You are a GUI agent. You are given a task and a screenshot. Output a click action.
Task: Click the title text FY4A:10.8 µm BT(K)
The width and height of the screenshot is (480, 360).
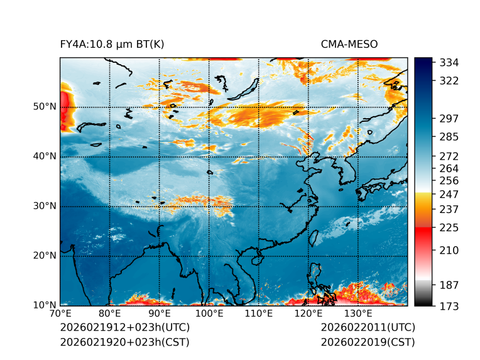(112, 45)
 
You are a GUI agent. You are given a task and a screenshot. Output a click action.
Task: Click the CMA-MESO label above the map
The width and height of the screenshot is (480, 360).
(349, 45)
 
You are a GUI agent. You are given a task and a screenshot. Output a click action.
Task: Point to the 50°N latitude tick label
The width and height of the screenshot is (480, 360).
(44, 107)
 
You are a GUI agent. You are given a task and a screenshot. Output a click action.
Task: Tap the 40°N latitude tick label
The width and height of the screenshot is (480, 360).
(44, 156)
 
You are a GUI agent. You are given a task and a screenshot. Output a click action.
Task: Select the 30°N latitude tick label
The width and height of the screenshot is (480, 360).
(44, 206)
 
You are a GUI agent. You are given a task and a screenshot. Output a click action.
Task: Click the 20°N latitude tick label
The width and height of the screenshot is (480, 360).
(44, 256)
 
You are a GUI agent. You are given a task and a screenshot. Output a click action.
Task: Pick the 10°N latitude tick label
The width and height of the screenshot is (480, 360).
(44, 305)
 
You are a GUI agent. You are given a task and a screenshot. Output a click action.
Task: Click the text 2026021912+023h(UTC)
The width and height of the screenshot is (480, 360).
(124, 328)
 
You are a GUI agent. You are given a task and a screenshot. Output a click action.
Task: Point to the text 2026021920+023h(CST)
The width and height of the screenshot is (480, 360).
(124, 342)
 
